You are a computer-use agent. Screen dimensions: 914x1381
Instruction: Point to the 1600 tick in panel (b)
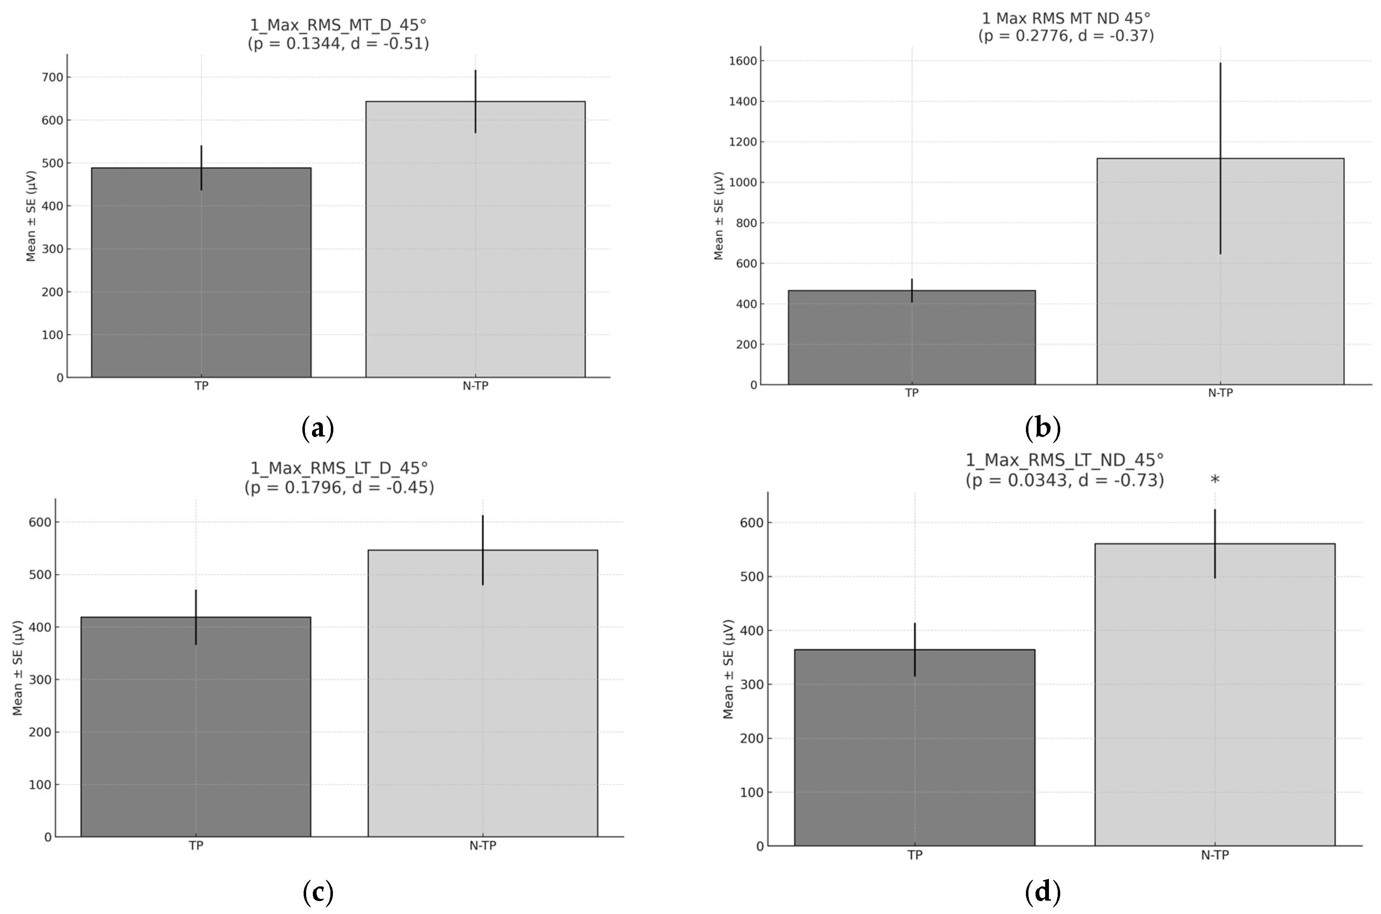point(743,61)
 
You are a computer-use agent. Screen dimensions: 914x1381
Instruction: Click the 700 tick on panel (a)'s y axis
point(52,77)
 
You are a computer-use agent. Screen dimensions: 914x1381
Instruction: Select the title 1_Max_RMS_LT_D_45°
point(339,468)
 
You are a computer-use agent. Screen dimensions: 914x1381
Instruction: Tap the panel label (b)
point(1042,428)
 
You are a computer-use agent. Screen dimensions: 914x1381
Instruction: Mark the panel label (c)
point(318,891)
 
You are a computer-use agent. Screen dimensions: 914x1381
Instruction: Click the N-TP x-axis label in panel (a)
point(475,386)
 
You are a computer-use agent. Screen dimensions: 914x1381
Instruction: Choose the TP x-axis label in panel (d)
point(915,855)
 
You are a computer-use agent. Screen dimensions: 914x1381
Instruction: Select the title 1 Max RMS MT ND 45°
point(1066,19)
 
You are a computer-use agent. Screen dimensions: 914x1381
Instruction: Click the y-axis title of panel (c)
point(18,668)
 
